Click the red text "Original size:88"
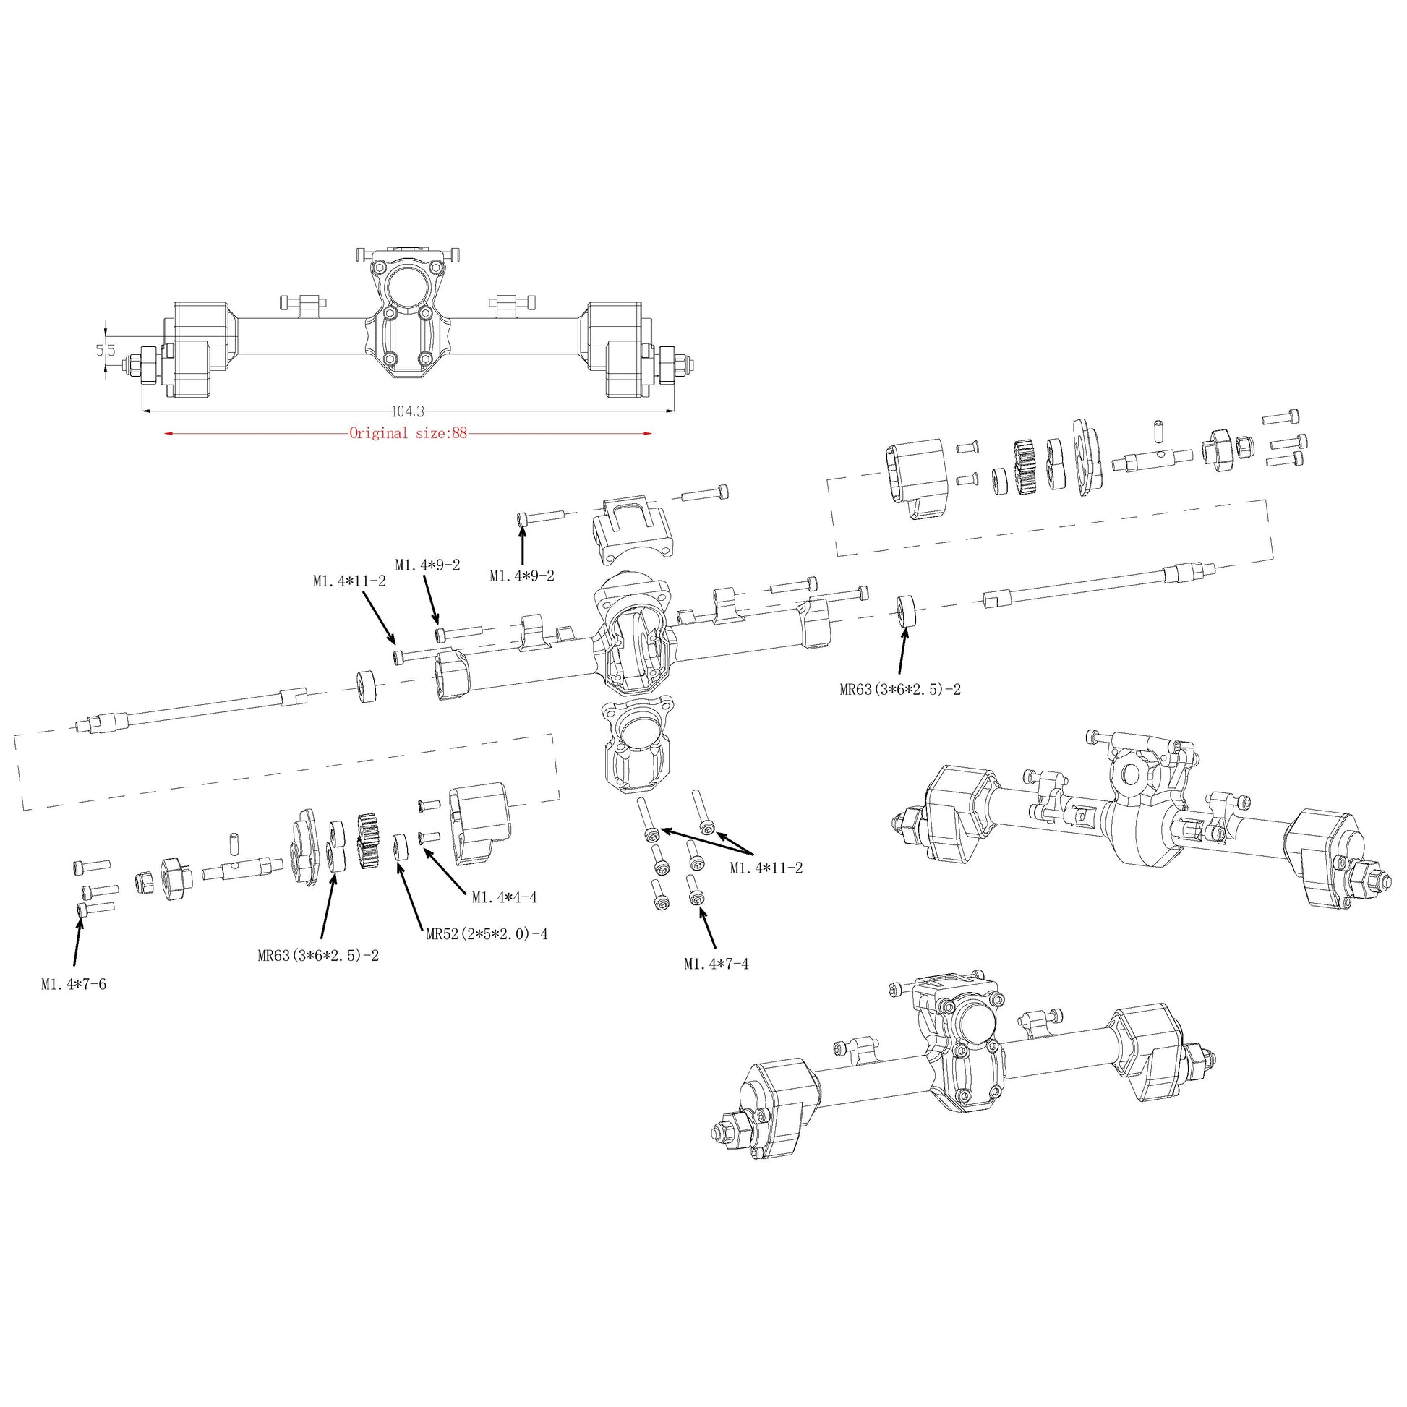(408, 433)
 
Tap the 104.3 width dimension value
(408, 411)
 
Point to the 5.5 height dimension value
(106, 350)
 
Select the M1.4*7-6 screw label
(74, 985)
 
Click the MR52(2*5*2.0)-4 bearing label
(487, 934)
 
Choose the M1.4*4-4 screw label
(504, 898)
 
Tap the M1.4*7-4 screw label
(716, 965)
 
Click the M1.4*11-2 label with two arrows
(766, 868)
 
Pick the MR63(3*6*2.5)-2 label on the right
(900, 689)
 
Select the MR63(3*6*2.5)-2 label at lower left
(318, 957)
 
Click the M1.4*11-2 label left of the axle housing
(349, 581)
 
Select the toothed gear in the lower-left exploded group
(371, 841)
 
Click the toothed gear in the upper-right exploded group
(1025, 467)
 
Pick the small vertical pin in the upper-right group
(1155, 430)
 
